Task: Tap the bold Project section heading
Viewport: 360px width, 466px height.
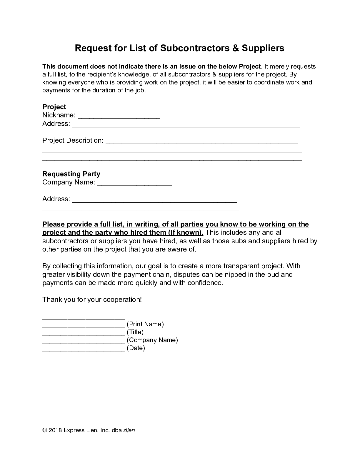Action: [x=54, y=107]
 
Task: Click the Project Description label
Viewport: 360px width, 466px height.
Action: [x=73, y=140]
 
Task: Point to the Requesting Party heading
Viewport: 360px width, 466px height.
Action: [x=71, y=174]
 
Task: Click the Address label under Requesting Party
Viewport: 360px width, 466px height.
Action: [x=56, y=199]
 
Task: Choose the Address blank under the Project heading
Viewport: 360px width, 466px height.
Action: [x=186, y=125]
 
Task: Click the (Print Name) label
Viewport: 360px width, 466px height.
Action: [x=145, y=324]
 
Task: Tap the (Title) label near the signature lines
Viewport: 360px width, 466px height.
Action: [x=135, y=332]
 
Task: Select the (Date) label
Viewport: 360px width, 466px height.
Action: [x=136, y=348]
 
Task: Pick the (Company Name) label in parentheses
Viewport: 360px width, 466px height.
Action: [x=152, y=340]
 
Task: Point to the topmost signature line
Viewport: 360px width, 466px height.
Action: [x=84, y=318]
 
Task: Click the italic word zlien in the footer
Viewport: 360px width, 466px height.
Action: [x=129, y=430]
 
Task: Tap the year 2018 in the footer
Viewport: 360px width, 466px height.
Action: [x=55, y=430]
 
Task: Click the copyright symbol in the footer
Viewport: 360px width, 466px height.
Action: [x=45, y=430]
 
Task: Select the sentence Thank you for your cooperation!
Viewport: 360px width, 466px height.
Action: [x=92, y=299]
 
